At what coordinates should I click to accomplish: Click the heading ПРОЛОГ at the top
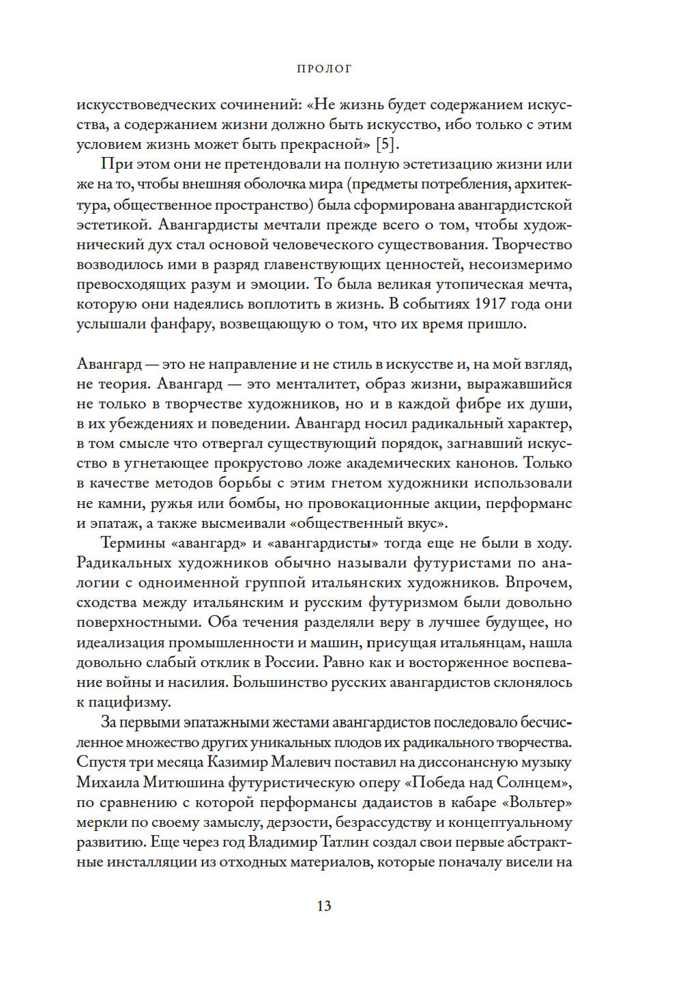click(x=324, y=69)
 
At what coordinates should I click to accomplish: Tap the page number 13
click(x=324, y=905)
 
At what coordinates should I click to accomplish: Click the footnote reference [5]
click(x=387, y=144)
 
